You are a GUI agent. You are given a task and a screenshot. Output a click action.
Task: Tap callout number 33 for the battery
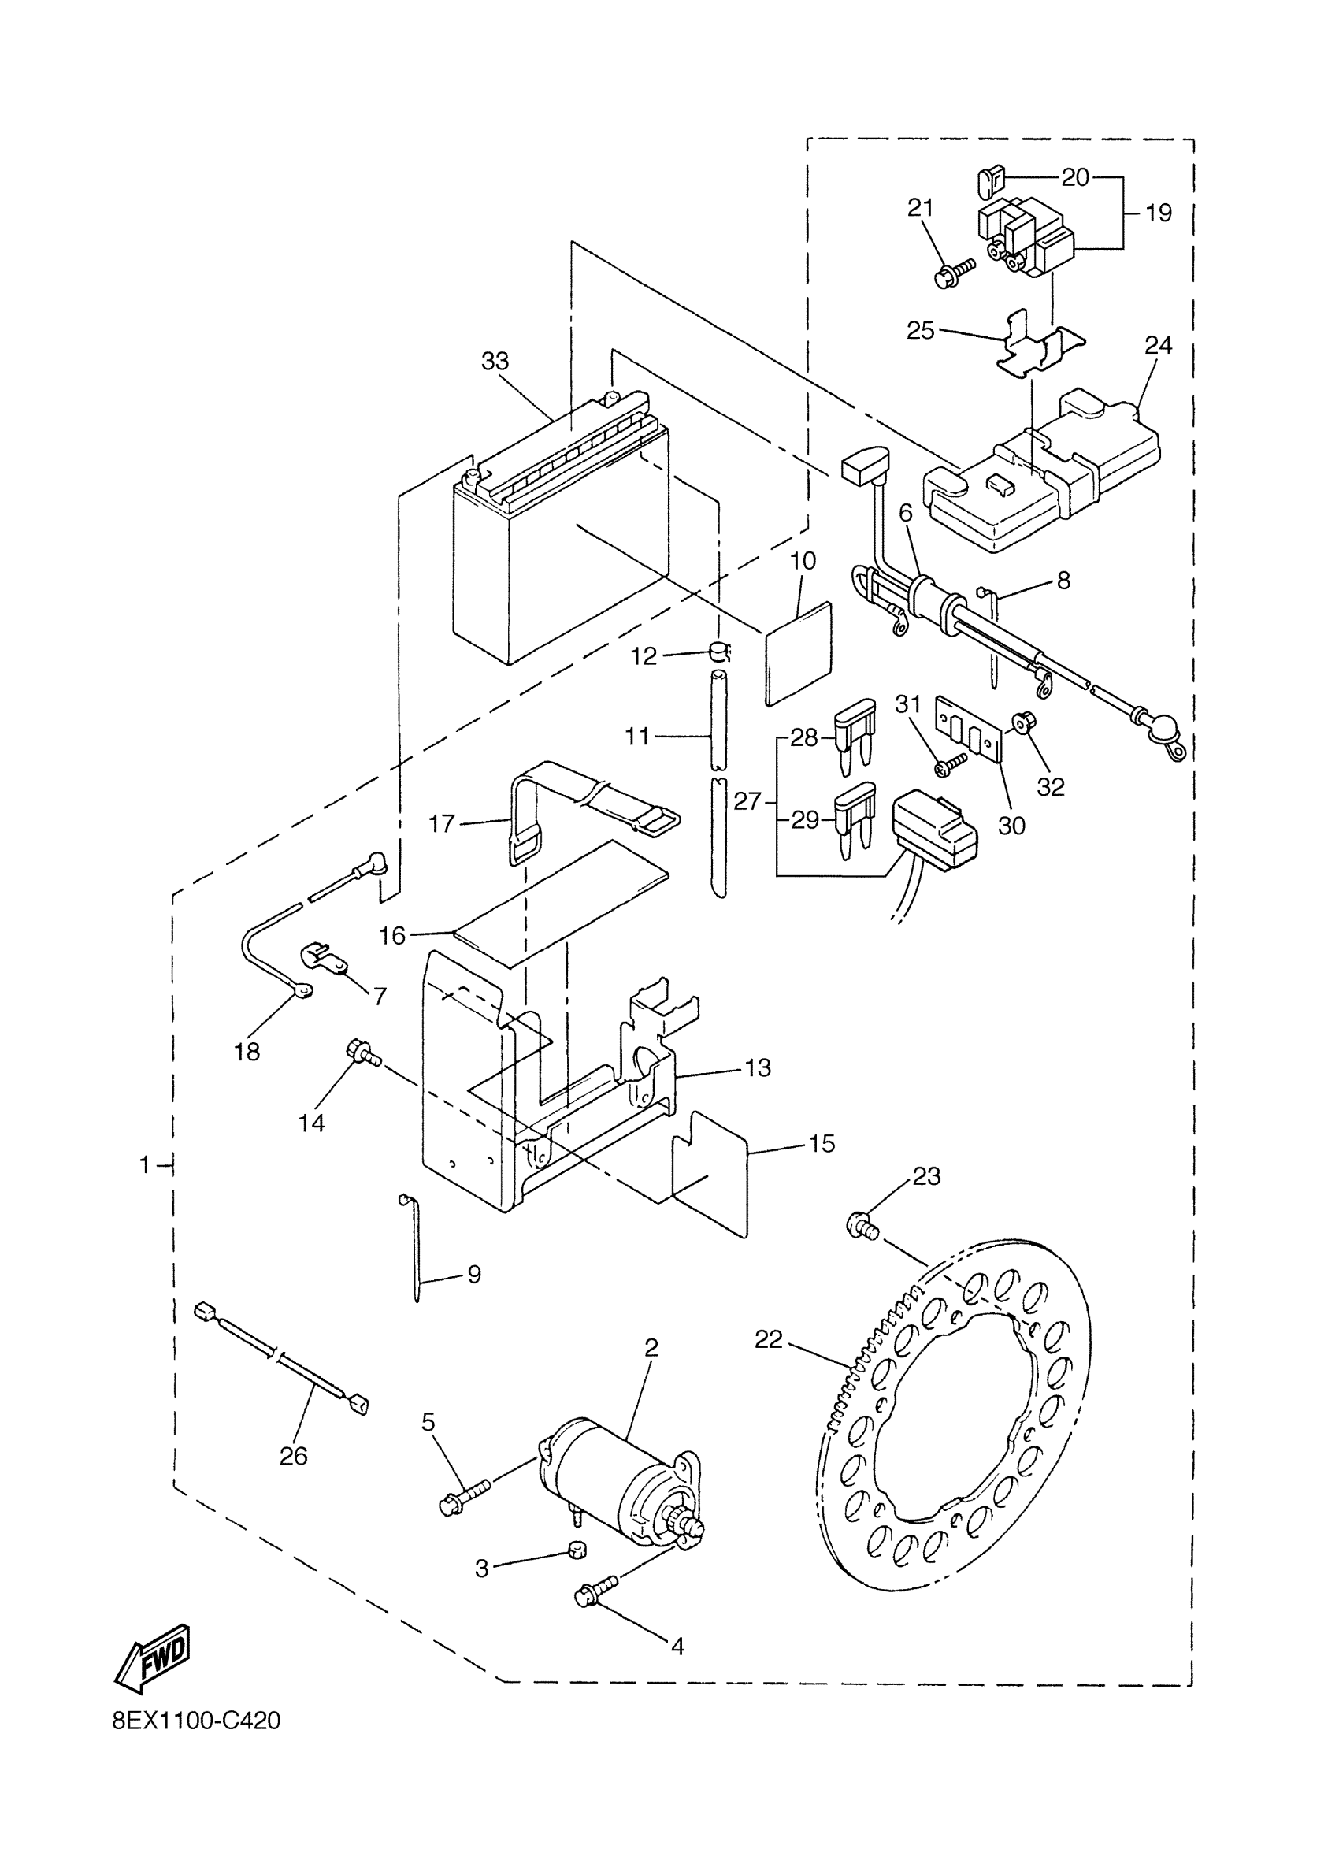click(495, 361)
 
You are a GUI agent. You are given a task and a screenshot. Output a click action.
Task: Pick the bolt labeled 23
click(862, 1247)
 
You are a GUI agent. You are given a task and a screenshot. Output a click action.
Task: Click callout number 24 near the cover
click(1157, 346)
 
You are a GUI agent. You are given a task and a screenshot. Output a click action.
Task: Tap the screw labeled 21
click(952, 275)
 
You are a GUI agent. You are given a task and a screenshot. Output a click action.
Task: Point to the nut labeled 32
click(1019, 722)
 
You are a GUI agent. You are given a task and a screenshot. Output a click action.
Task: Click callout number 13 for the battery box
click(758, 1067)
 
